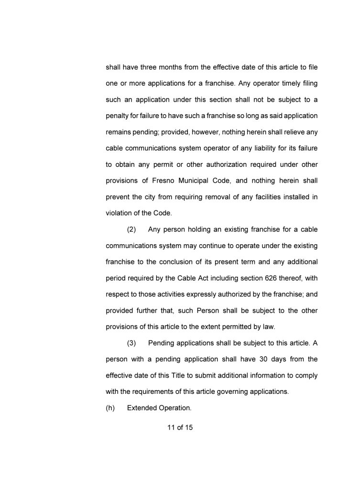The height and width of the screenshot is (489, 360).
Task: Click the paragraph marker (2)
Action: coord(131,229)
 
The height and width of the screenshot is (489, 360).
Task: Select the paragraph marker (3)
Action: coord(131,343)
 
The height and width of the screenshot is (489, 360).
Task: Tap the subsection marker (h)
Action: coord(110,408)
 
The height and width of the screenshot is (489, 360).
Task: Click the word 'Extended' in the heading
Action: coord(142,408)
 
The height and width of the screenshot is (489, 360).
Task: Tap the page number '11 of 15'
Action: coord(180,428)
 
